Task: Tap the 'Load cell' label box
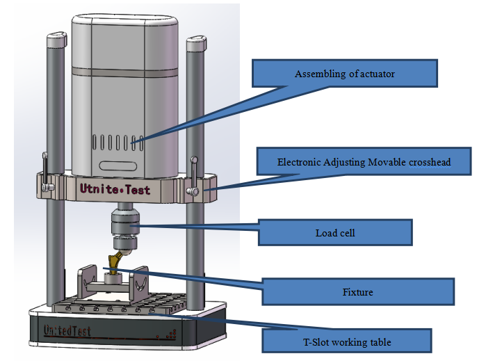pos(335,232)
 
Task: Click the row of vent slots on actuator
pos(118,143)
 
